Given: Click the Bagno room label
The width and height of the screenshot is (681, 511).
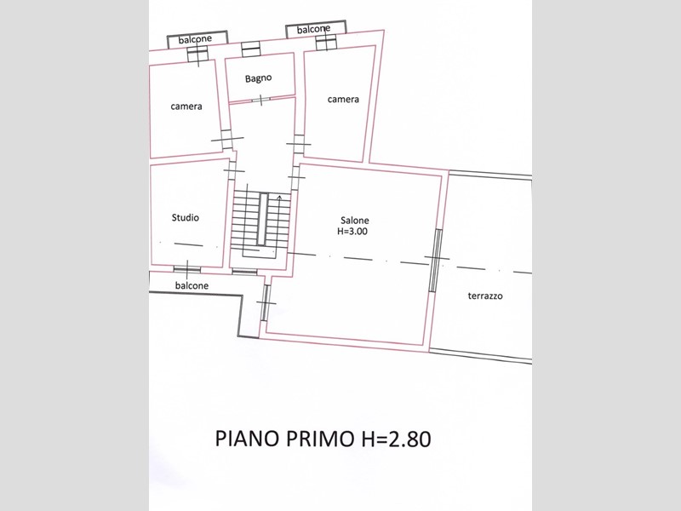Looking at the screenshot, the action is coord(259,78).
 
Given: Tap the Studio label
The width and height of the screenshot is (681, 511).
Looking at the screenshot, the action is coord(186,218).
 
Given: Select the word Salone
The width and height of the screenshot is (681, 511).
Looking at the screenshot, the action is coord(355,221).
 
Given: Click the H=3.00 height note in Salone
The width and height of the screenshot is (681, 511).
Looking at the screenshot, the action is coord(352,231).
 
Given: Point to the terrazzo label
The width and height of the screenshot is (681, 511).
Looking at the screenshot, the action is coord(485,296).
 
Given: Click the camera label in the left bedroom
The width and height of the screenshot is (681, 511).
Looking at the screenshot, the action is coord(186,106).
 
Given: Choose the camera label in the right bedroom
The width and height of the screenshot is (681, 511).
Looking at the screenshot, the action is coord(343,100).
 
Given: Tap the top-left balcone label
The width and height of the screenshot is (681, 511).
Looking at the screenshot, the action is coord(195,39).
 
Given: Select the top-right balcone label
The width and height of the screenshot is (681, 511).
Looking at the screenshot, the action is coord(313,30).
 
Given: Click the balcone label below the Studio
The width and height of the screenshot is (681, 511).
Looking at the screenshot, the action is coord(192,285).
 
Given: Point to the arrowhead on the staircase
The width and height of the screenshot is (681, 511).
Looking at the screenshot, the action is coord(279,198).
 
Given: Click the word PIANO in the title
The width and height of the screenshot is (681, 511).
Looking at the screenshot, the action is coord(247,439).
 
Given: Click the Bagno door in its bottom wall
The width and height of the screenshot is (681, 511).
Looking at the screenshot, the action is coord(260,100).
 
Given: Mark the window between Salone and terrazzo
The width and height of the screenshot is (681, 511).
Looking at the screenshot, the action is coord(435,260).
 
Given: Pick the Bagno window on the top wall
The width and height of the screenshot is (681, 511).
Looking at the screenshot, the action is coord(250,49).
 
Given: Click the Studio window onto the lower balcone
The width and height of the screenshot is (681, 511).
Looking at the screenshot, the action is coord(187,269).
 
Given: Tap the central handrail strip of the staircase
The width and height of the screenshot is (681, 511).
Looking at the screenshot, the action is coord(262,219).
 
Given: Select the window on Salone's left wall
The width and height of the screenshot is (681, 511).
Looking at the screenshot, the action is coord(266,302).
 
